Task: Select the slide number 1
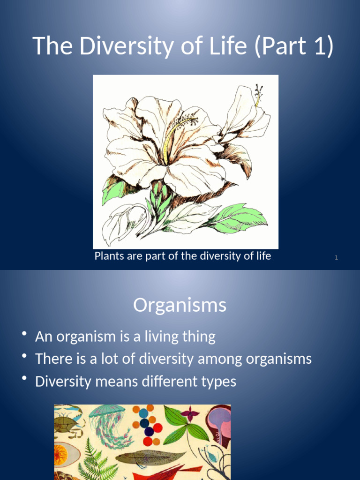(337, 257)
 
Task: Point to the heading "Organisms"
(180, 305)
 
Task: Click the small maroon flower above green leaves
(190, 413)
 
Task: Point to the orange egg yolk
(61, 454)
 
